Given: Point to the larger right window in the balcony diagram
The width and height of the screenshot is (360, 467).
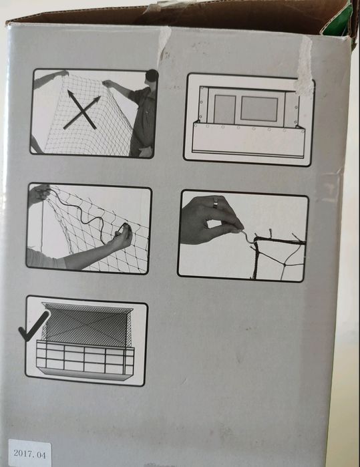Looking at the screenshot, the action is (x=259, y=109).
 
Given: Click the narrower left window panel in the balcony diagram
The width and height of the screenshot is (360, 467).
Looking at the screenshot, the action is (x=225, y=109).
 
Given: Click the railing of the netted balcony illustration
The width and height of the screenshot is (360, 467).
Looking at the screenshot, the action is (x=85, y=357).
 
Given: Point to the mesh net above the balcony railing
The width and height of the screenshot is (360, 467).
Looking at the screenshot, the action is (x=87, y=325).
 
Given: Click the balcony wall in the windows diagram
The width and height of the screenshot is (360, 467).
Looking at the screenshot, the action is (x=248, y=140).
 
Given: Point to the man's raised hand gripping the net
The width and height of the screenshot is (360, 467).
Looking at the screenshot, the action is (x=108, y=84).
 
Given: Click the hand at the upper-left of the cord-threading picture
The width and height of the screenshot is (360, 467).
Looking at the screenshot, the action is (x=39, y=194).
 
